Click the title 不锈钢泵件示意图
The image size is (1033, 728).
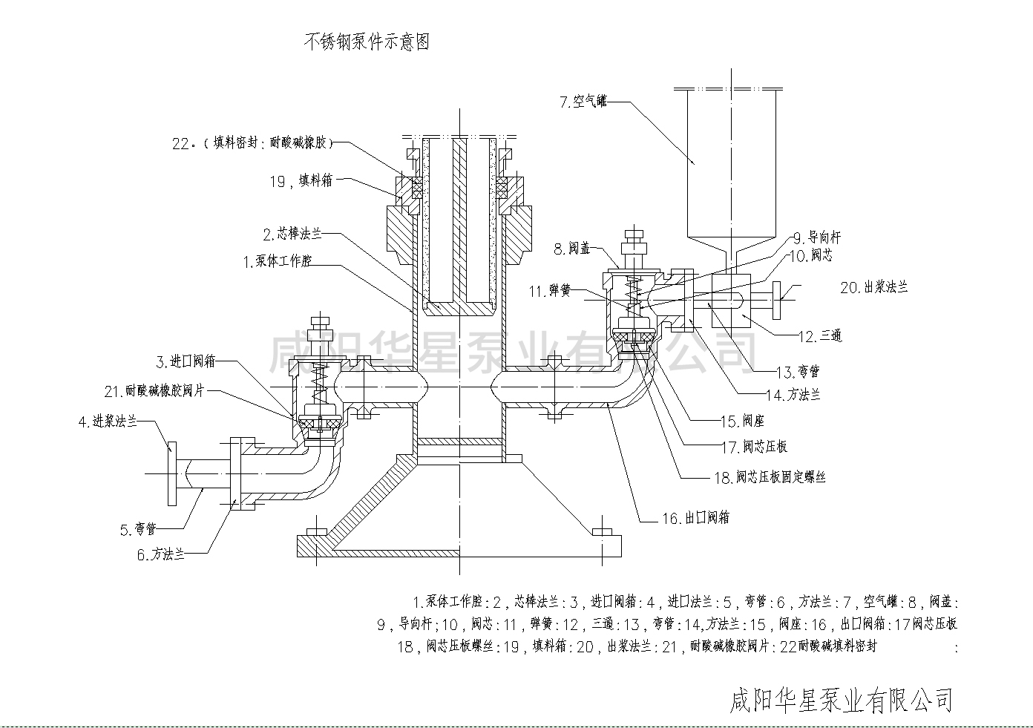[367, 42]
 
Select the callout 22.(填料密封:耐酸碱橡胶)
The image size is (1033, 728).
[252, 143]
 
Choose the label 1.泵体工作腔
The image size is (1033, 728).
[278, 261]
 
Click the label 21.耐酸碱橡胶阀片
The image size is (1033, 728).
[154, 391]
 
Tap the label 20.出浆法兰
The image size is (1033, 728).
[873, 286]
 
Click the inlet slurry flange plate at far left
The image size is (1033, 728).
[171, 473]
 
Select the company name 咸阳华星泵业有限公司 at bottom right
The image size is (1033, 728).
[842, 699]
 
